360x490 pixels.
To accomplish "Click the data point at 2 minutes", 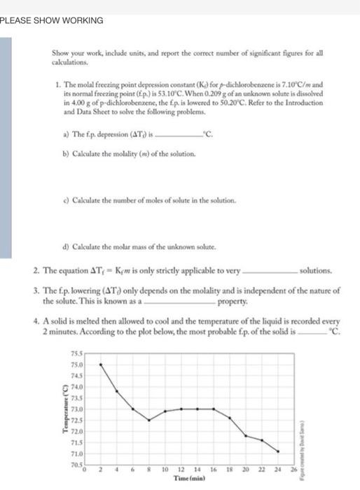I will pyautogui.click(x=101, y=364).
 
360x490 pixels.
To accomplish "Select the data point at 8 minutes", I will pyautogui.click(x=149, y=420).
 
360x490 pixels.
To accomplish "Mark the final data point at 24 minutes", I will pyautogui.click(x=278, y=451).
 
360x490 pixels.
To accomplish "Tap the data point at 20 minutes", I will pyautogui.click(x=246, y=435).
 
